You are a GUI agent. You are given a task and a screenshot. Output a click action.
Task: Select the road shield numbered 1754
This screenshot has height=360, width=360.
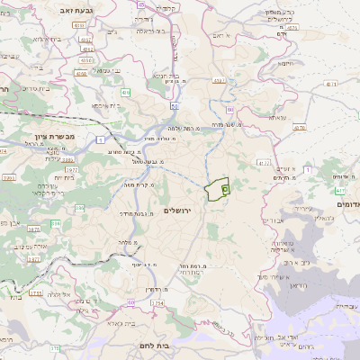(x=157, y=303)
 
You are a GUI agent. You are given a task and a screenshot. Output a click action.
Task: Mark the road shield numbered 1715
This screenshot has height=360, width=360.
(x=35, y=292)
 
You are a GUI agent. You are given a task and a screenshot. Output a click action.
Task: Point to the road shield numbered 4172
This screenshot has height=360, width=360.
(x=264, y=163)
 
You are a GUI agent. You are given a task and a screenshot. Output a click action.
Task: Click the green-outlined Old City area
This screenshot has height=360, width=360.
(x=216, y=190)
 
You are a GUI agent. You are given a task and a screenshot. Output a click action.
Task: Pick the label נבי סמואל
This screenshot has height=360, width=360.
(x=101, y=70)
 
